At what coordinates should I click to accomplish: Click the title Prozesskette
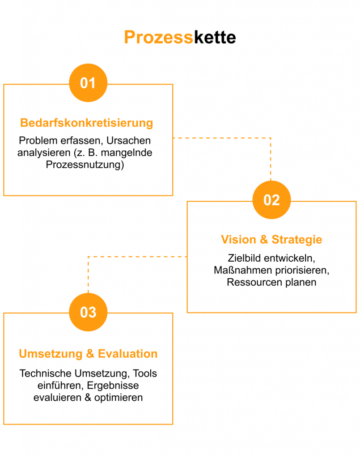point(180,38)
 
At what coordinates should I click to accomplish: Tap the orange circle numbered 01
point(88,83)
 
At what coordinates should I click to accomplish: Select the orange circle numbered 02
point(271,200)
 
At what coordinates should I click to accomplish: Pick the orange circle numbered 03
point(88,312)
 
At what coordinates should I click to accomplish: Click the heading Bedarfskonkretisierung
point(87,123)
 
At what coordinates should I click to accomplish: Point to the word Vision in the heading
point(238,240)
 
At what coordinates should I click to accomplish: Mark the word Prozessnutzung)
point(85,165)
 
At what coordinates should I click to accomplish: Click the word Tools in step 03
point(145,373)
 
